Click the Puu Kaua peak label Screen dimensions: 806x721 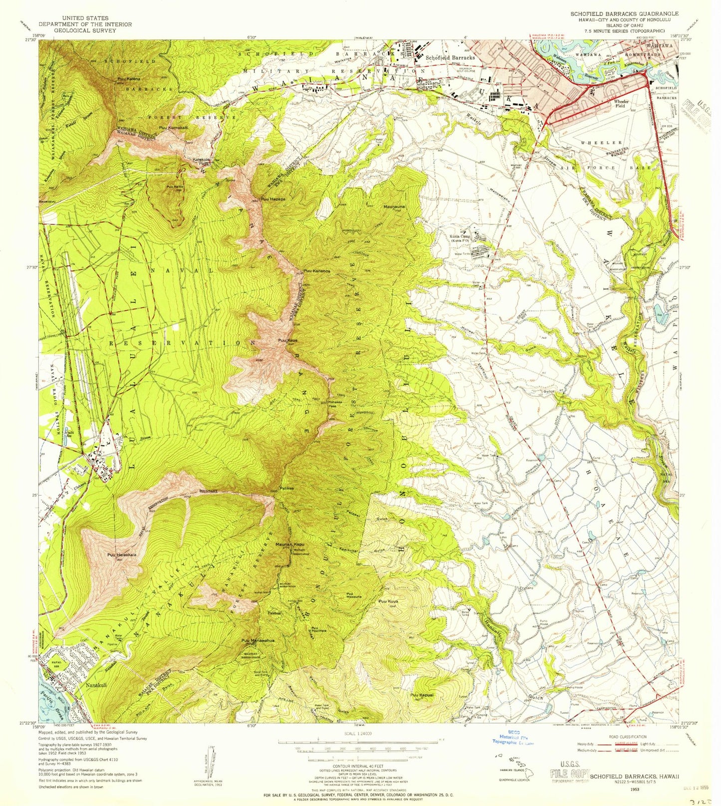288,341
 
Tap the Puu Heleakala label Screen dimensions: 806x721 121,555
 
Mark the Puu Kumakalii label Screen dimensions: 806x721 174,128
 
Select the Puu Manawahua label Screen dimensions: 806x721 257,640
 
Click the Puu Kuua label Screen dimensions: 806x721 388,602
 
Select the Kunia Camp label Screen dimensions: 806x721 460,237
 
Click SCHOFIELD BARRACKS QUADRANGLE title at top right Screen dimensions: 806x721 624,13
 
